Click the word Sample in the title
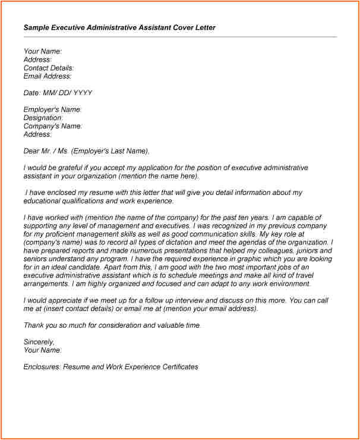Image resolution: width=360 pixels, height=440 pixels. coord(36,27)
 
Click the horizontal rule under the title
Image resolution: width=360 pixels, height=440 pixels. coord(180,37)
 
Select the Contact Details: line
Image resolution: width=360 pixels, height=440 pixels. coord(48,68)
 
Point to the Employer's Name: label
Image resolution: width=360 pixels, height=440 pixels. coord(52,109)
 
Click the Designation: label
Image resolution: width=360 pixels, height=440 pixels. coord(43,118)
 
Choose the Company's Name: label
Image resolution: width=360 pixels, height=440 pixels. coord(53,126)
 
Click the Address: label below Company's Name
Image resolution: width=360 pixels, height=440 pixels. coord(37,134)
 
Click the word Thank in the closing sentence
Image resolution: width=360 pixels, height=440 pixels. coord(34,325)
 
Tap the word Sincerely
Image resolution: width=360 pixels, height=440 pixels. coord(39,342)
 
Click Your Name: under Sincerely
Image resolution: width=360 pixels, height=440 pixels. coord(42,350)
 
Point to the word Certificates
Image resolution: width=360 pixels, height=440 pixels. coord(177,367)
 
